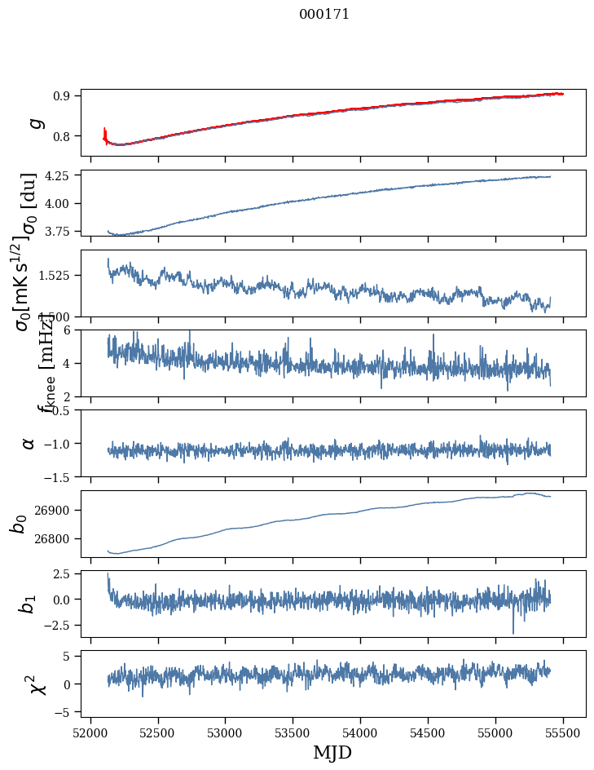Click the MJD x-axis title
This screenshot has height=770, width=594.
(x=332, y=752)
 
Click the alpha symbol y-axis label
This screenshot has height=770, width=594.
(x=29, y=443)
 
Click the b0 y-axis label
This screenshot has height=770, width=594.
(x=19, y=523)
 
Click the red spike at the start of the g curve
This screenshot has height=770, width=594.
(x=104, y=133)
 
